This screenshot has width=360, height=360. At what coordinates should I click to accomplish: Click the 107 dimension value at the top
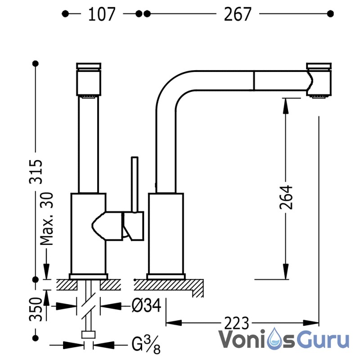[x=102, y=14]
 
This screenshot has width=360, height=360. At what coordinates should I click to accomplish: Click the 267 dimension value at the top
[x=238, y=14]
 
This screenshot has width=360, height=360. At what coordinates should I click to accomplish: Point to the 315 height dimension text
[x=36, y=171]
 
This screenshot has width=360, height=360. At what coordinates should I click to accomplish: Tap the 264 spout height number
[x=286, y=197]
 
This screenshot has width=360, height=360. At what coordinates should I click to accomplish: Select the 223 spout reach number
[x=237, y=323]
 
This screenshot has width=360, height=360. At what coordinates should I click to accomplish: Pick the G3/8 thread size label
[x=146, y=345]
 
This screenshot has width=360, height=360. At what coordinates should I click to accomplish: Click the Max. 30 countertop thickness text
[x=47, y=219]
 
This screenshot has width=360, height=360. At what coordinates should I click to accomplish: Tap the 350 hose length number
[x=36, y=309]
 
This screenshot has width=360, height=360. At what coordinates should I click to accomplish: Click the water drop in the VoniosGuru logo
[x=275, y=338]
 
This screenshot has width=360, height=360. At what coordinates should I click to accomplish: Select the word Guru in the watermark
[x=325, y=339]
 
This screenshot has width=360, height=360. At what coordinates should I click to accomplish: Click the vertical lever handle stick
[x=135, y=184]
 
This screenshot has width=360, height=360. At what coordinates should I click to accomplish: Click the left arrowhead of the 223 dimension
[x=174, y=323]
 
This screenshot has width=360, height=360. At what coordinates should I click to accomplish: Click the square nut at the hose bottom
[x=88, y=335]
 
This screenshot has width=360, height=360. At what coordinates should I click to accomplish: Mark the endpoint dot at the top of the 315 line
[x=36, y=63]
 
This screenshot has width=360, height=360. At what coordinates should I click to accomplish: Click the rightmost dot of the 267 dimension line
[x=330, y=14]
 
